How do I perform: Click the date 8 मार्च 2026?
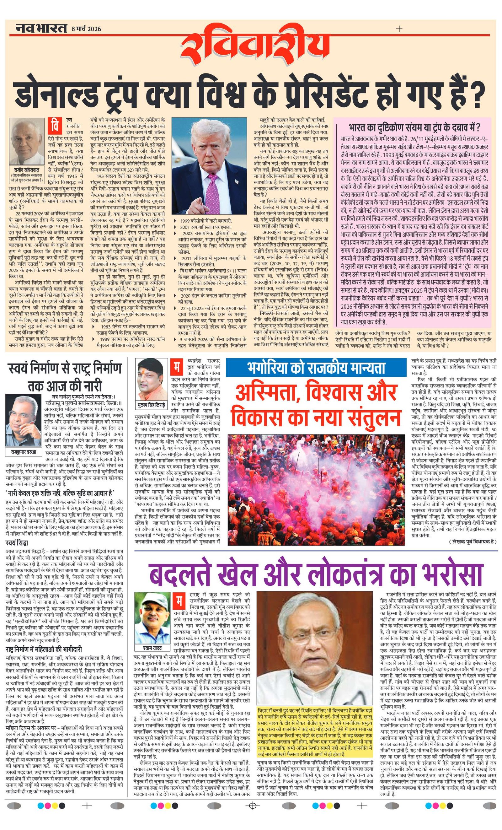[x=86, y=29]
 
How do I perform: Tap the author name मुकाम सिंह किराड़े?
[x=152, y=405]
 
